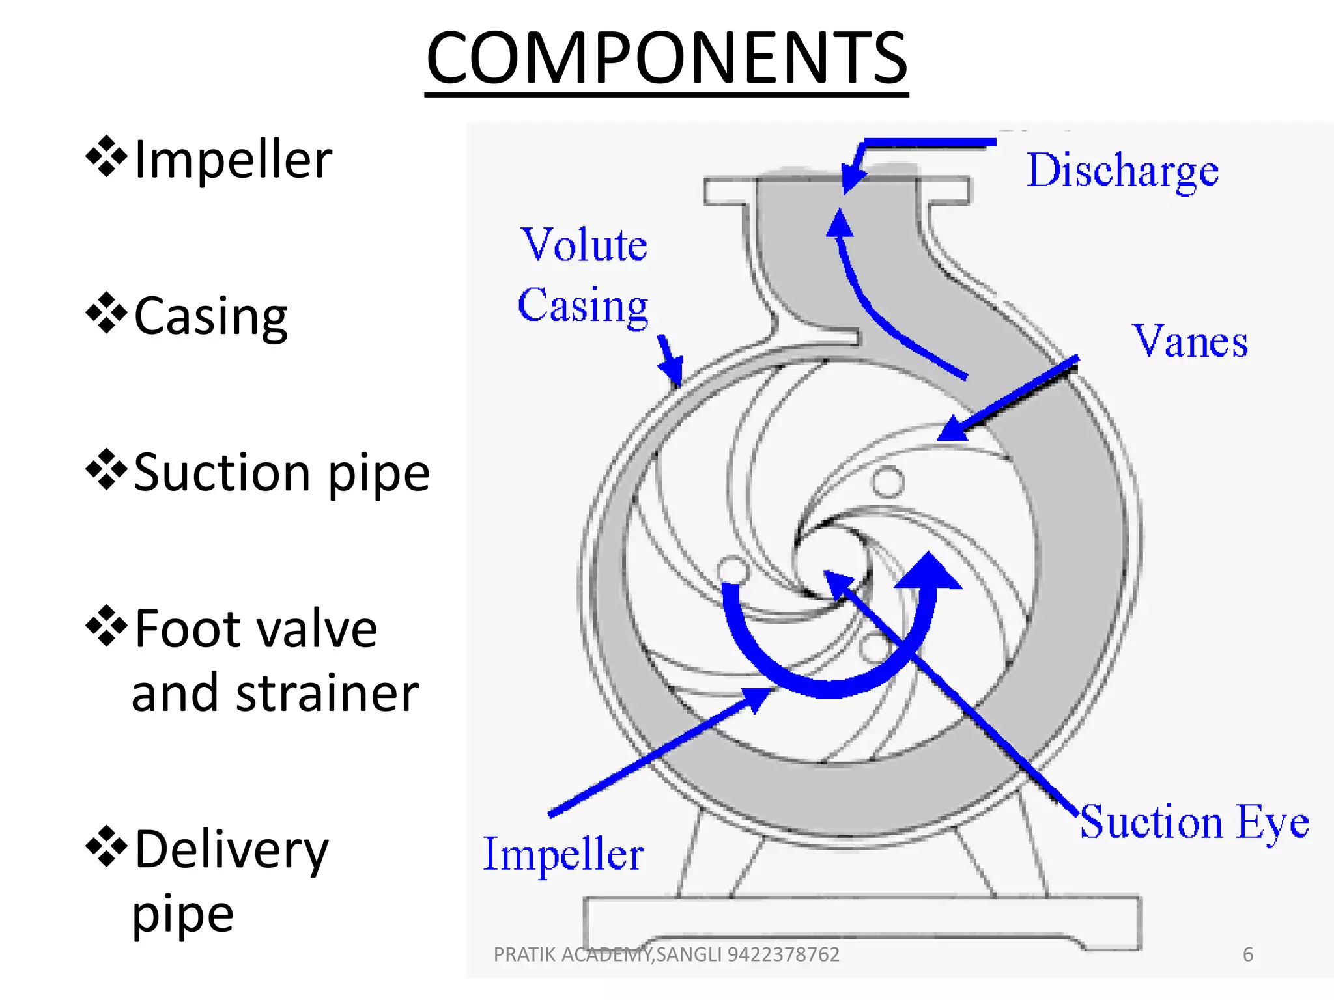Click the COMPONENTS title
(x=666, y=59)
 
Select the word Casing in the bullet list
(x=210, y=316)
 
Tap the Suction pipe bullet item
(x=281, y=473)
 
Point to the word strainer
(x=327, y=693)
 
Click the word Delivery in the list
(x=231, y=850)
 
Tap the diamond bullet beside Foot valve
(x=106, y=626)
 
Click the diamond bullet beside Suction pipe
(x=106, y=469)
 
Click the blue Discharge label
(x=1122, y=171)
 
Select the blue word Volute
(x=584, y=245)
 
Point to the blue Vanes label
(x=1189, y=341)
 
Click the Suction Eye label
(x=1194, y=822)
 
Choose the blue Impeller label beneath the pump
(x=563, y=854)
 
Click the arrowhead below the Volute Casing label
(x=673, y=373)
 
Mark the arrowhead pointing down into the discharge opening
(x=851, y=178)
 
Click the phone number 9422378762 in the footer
(x=783, y=954)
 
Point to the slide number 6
(x=1248, y=954)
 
